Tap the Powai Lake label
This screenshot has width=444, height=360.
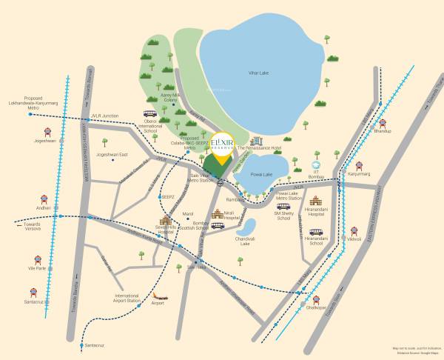(262, 175)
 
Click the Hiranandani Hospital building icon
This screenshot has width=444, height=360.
(316, 201)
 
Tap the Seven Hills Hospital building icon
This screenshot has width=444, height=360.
(165, 221)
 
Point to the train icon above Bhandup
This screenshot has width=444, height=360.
(382, 123)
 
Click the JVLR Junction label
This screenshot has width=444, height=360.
(104, 116)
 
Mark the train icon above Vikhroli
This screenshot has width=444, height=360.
(354, 231)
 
